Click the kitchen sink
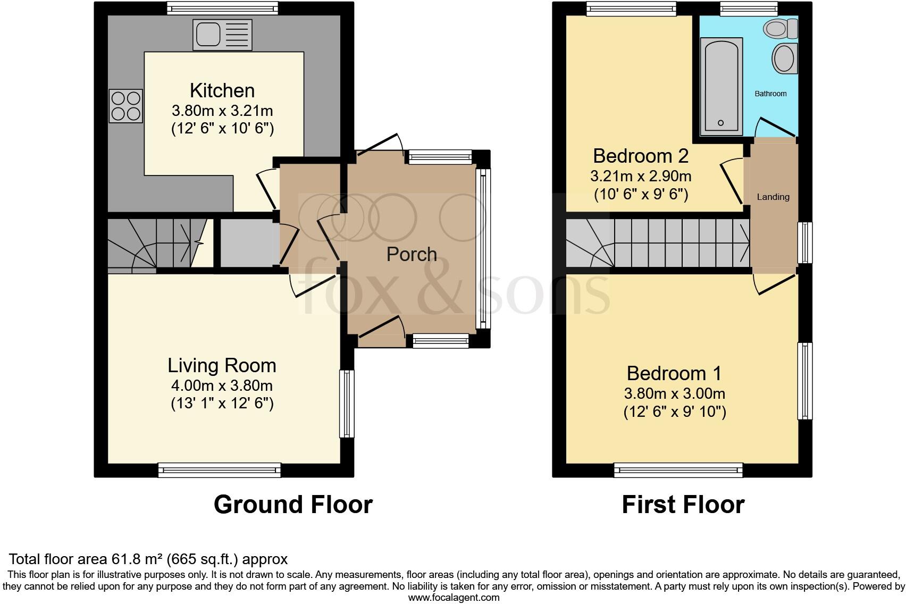(x=223, y=35)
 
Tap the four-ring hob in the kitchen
(x=126, y=106)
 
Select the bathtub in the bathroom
(x=721, y=85)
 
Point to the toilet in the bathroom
(x=781, y=28)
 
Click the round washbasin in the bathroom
(x=784, y=58)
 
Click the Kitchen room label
(x=222, y=90)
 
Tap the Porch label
(x=412, y=254)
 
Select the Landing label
(x=773, y=197)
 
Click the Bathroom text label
(x=770, y=94)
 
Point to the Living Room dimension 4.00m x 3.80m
(x=222, y=385)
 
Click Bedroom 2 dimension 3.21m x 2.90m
(x=641, y=175)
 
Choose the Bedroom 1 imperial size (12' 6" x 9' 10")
(x=674, y=412)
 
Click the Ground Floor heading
(x=293, y=504)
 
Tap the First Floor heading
(x=683, y=504)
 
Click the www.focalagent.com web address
(x=454, y=598)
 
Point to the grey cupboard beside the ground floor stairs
(x=246, y=243)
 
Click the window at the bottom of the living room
(x=219, y=470)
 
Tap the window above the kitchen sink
(x=222, y=8)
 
